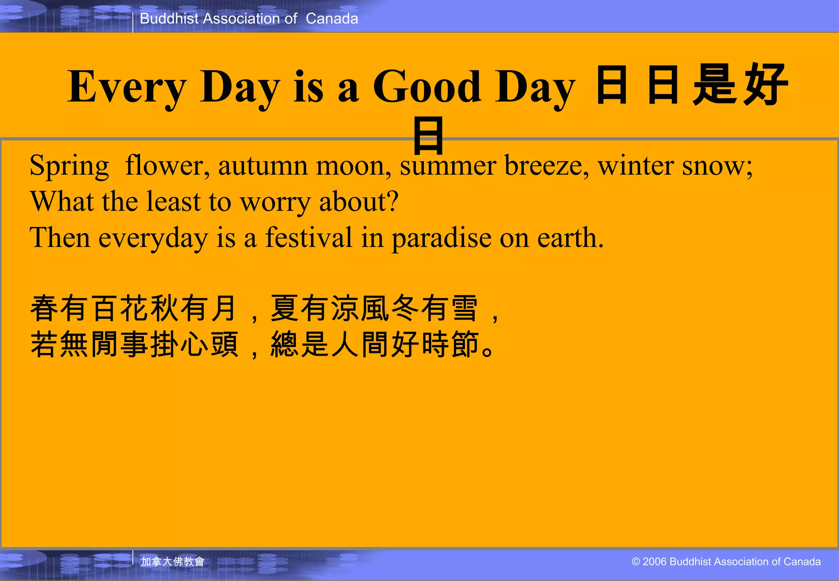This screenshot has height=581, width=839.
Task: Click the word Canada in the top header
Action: (x=332, y=19)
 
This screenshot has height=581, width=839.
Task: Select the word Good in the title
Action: (x=426, y=87)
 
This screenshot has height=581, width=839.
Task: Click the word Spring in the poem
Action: (x=69, y=166)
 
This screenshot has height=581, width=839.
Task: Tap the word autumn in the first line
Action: (x=263, y=166)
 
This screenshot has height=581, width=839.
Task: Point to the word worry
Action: (x=275, y=202)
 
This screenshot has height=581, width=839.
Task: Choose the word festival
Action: (x=308, y=238)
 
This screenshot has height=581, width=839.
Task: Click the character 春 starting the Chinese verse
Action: (x=44, y=308)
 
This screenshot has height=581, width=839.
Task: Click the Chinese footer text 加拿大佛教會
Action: (x=172, y=561)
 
